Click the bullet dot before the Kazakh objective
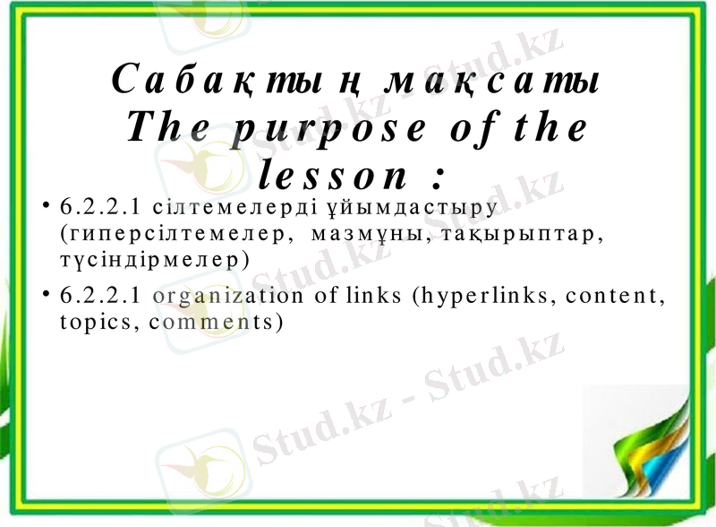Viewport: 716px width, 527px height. (x=46, y=207)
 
